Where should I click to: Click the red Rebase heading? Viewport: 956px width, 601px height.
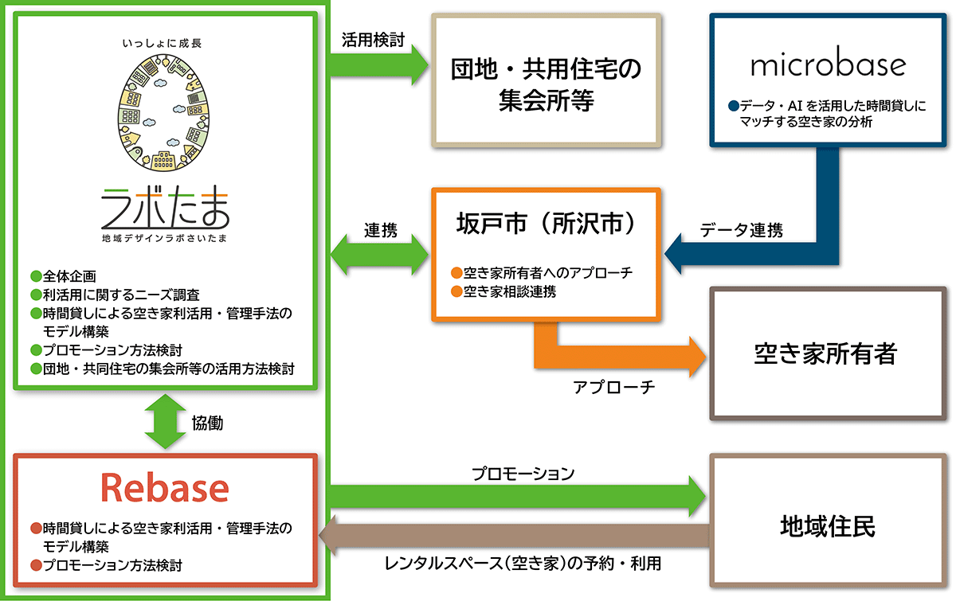165,487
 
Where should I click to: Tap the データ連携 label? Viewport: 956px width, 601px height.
741,231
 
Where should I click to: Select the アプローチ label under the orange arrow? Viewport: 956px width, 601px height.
613,387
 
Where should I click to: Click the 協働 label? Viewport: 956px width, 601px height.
207,423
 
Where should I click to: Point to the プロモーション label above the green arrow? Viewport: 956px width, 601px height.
523,474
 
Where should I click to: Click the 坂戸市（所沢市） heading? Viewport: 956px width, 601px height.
546,224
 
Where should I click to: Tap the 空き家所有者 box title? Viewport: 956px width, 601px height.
825,353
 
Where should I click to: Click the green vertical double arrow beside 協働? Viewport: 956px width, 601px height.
163,423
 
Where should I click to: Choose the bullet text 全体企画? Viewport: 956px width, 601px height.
69,276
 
